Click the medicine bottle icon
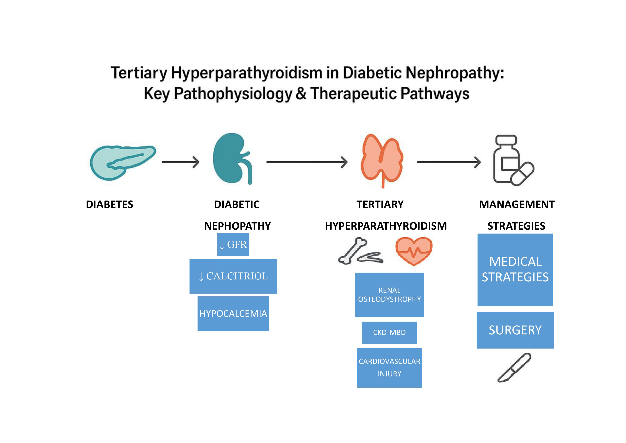pyautogui.click(x=510, y=161)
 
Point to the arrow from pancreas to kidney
pyautogui.click(x=180, y=162)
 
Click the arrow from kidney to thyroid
pyautogui.click(x=307, y=162)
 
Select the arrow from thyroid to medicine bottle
pyautogui.click(x=448, y=162)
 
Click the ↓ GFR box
pyautogui.click(x=233, y=244)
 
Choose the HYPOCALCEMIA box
pyautogui.click(x=233, y=314)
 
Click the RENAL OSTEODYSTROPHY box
pyautogui.click(x=389, y=295)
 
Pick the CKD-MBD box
pyautogui.click(x=389, y=332)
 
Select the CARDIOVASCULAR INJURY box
pyautogui.click(x=389, y=367)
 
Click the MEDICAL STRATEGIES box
pyautogui.click(x=515, y=269)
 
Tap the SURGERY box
pyautogui.click(x=515, y=330)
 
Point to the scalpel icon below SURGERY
pyautogui.click(x=514, y=368)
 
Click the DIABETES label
pyautogui.click(x=110, y=204)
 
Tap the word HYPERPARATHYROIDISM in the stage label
pyautogui.click(x=386, y=226)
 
